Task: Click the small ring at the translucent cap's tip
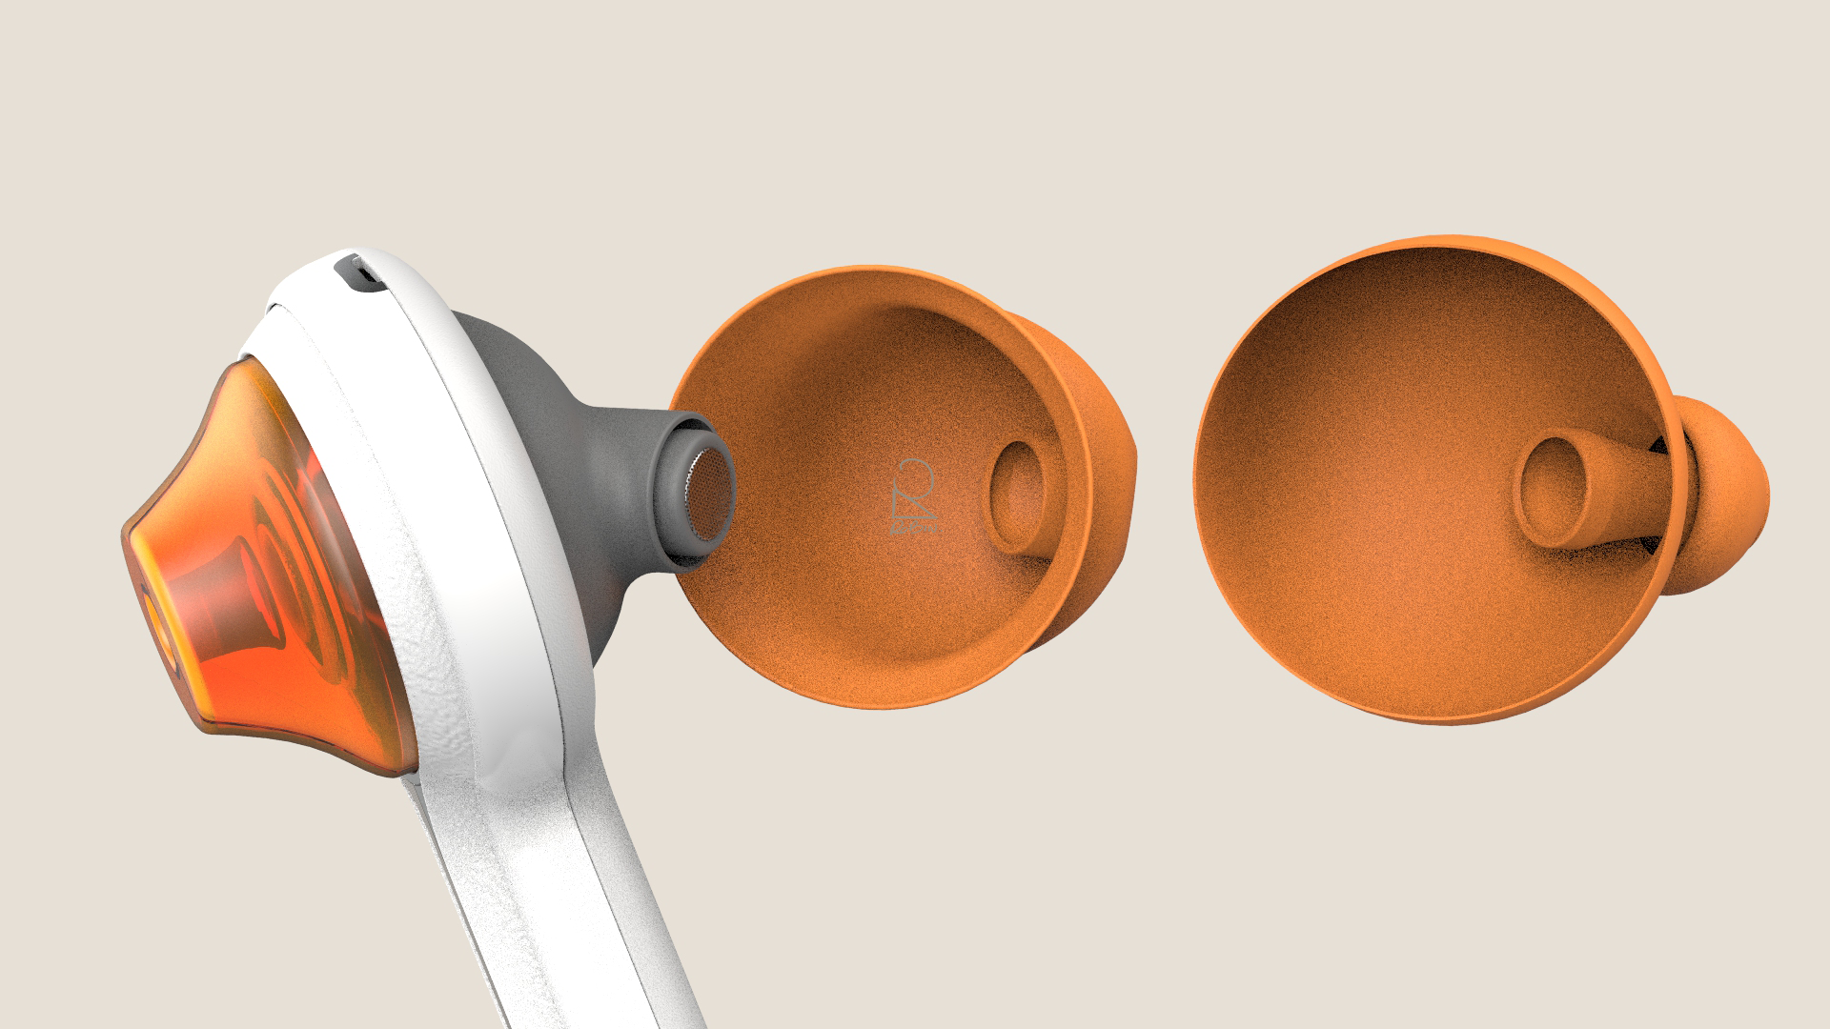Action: tap(158, 629)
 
